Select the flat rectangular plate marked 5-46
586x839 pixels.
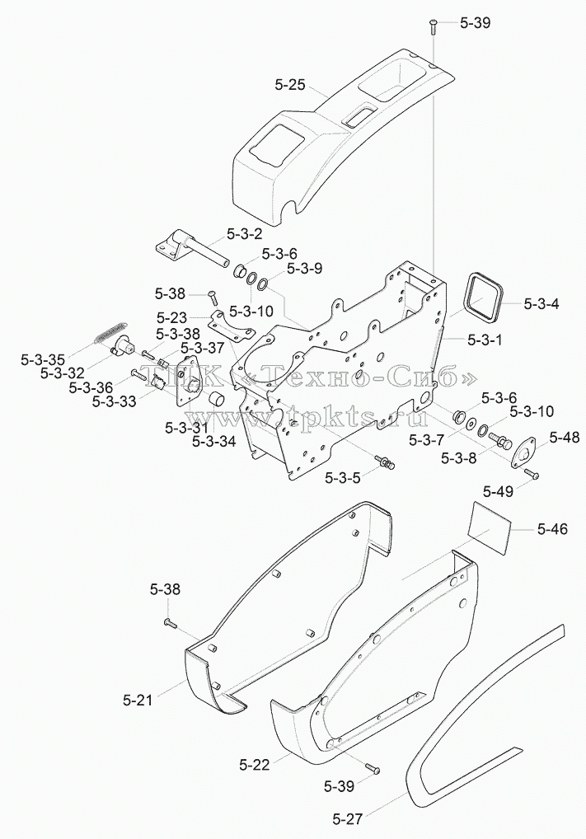point(489,529)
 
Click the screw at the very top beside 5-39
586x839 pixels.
point(433,26)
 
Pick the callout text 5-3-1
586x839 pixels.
point(485,340)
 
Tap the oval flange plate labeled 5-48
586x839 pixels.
point(523,454)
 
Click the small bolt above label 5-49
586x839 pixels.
point(532,474)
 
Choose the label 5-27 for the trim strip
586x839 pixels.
point(347,819)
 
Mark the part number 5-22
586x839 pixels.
point(255,765)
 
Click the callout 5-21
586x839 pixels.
point(138,700)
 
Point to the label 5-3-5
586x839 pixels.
point(343,477)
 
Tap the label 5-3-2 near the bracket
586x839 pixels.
point(245,234)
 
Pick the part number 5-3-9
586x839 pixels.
point(304,268)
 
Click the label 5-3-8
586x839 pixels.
point(458,458)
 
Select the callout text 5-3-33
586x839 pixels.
point(114,401)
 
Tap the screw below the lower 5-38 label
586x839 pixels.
point(169,621)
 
